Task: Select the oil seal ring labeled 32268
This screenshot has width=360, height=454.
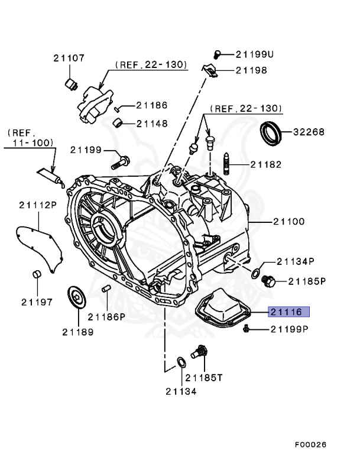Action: point(272,133)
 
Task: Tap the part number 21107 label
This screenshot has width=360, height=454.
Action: point(69,59)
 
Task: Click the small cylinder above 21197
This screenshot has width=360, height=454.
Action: point(37,275)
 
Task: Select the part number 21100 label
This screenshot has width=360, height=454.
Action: point(288,222)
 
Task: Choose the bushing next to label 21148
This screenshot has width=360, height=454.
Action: point(119,123)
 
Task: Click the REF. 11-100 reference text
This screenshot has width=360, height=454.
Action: point(31,138)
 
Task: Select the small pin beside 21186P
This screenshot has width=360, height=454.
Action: point(107,289)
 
